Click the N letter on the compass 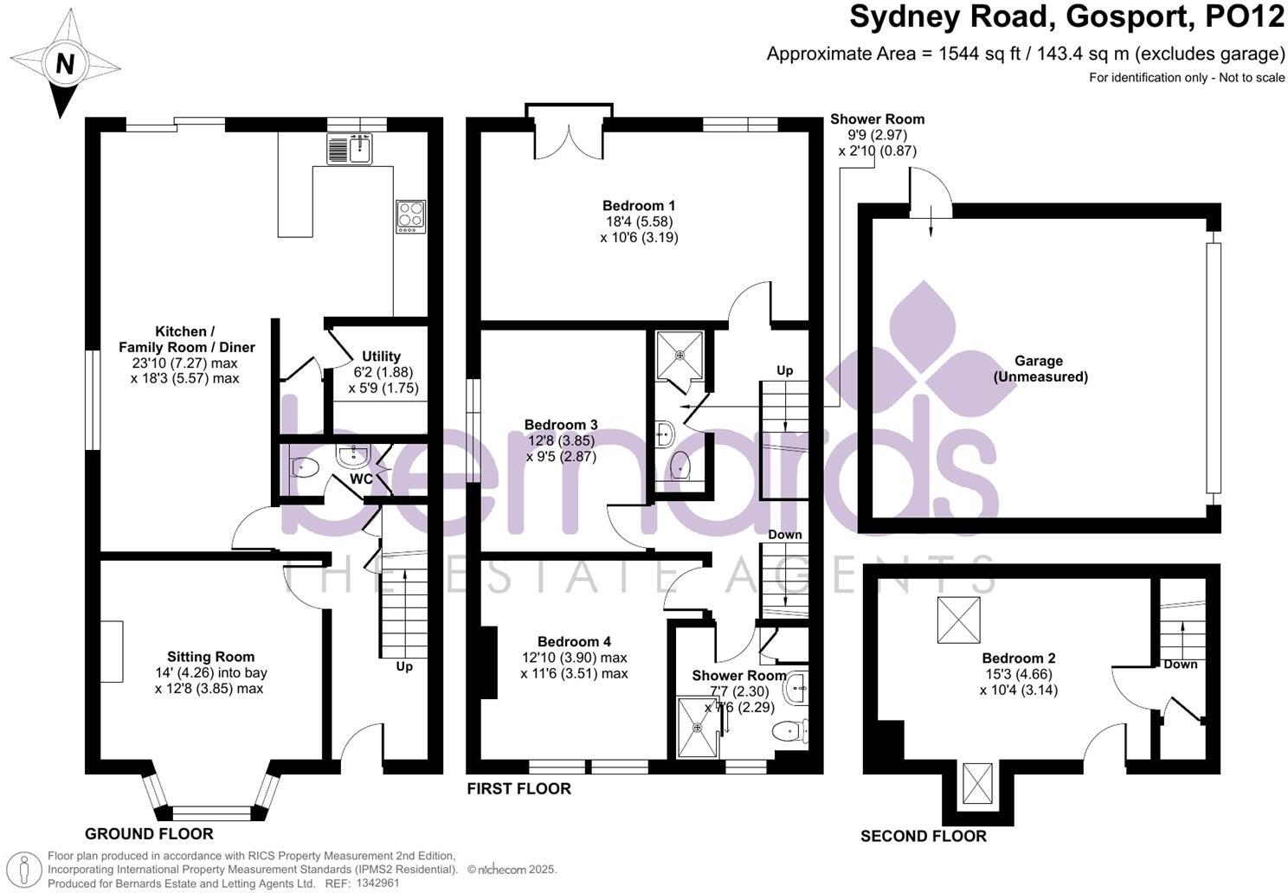(x=65, y=63)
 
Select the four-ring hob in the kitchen (x=410, y=216)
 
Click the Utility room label (x=381, y=357)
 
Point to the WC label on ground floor (x=362, y=479)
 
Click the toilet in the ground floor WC (x=305, y=467)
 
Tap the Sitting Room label (x=210, y=657)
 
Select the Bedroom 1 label (x=639, y=206)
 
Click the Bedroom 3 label (x=561, y=425)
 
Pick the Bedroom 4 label (x=574, y=641)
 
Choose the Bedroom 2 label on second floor (x=1019, y=658)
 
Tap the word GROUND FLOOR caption (x=149, y=834)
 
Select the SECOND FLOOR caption (x=924, y=836)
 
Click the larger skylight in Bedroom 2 (x=958, y=620)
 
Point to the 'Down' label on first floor (x=785, y=535)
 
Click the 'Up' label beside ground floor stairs (x=404, y=666)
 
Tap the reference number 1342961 (x=377, y=883)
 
